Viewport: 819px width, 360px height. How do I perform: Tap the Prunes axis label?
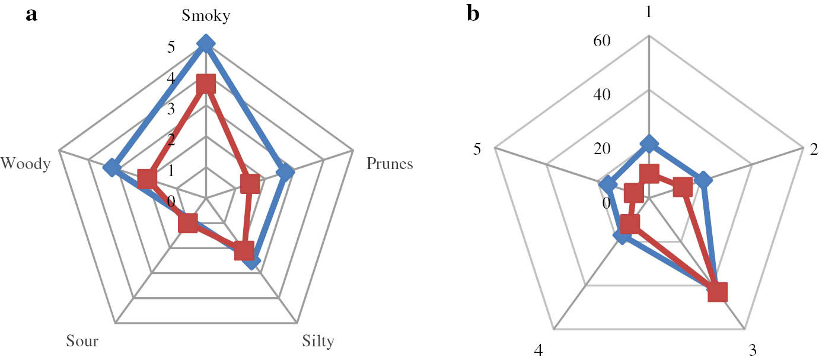click(x=390, y=164)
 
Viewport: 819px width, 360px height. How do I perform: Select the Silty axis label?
click(x=318, y=342)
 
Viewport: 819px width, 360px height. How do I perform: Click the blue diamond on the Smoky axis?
click(x=206, y=43)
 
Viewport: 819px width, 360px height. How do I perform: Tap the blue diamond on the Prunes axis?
click(x=286, y=173)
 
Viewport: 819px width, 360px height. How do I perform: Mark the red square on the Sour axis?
click(x=188, y=223)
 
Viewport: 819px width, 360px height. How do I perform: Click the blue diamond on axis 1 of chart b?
click(x=649, y=143)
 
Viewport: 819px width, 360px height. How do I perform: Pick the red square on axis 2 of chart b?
click(x=683, y=187)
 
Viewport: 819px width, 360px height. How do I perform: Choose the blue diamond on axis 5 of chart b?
click(x=607, y=186)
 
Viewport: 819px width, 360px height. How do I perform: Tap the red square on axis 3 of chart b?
click(x=718, y=292)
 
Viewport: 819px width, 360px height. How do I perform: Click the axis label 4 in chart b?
click(x=538, y=351)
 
